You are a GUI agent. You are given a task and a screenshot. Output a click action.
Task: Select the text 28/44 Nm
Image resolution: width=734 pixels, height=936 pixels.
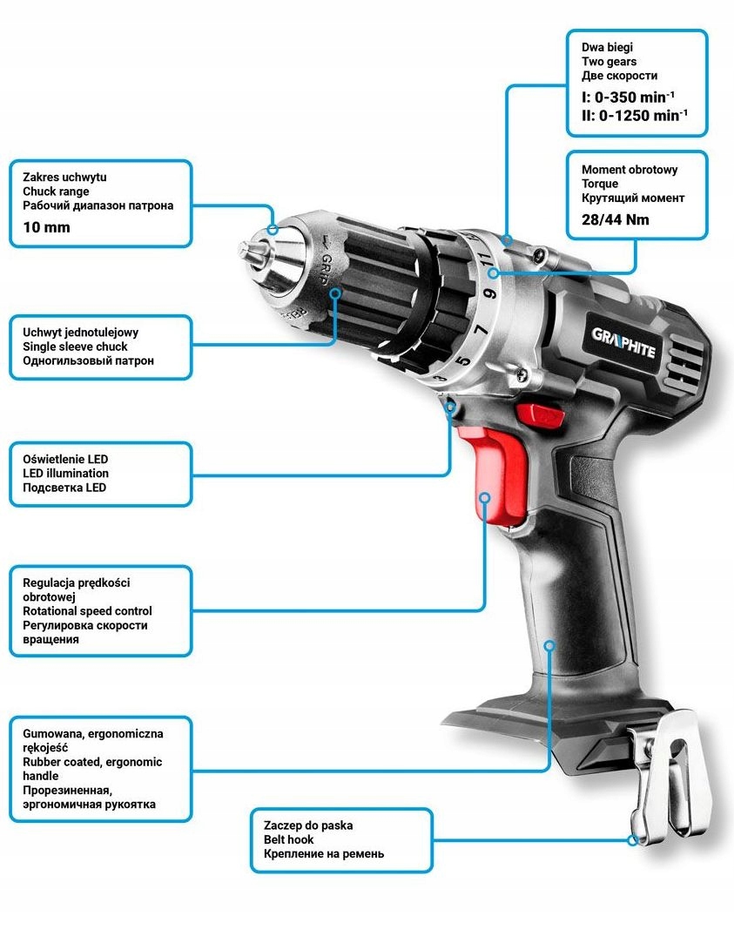[615, 219]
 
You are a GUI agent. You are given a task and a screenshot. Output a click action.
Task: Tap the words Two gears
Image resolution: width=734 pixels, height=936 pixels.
[609, 62]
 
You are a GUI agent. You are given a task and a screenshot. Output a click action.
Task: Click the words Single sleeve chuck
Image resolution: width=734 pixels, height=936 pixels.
[75, 347]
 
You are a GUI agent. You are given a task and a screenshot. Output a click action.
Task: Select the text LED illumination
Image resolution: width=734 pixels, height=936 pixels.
[65, 474]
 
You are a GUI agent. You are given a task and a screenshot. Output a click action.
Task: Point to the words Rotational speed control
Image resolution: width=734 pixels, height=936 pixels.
[87, 611]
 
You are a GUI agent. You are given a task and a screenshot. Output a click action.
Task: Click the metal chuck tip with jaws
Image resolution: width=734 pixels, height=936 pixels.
[257, 250]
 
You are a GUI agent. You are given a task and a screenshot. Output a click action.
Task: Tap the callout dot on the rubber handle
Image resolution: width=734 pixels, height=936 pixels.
[549, 645]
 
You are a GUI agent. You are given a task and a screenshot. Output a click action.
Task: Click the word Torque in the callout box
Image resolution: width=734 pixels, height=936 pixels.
[600, 184]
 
